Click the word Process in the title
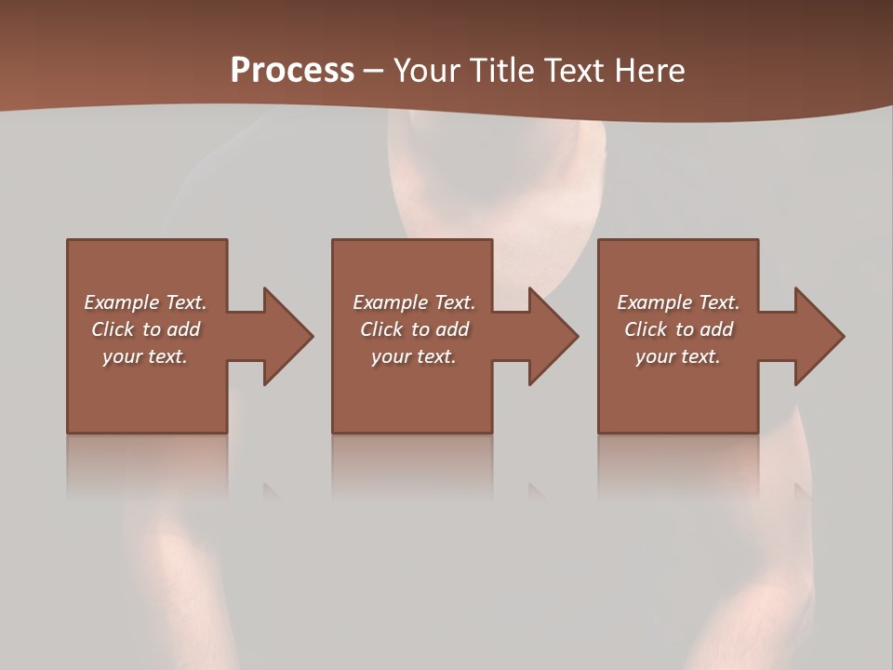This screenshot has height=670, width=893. click(x=292, y=71)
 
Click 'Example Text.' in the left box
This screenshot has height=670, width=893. click(x=145, y=302)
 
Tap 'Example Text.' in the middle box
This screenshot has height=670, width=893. click(x=414, y=302)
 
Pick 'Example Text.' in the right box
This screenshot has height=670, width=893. click(x=678, y=302)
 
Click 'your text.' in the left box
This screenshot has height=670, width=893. click(x=145, y=356)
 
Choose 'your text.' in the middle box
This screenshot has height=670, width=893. click(x=414, y=356)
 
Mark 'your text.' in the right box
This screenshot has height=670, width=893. click(x=678, y=356)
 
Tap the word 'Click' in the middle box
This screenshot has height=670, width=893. click(x=381, y=329)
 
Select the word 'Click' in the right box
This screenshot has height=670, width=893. click(x=646, y=329)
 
